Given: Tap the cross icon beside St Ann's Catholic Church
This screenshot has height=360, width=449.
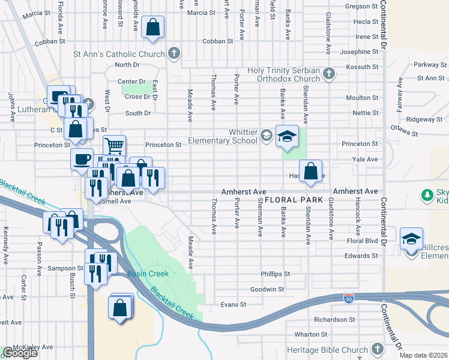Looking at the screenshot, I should pos(174,54).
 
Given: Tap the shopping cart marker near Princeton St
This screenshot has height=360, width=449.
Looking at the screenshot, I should pos(114,145).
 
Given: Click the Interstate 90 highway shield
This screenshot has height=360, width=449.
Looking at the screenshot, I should pos(349,298).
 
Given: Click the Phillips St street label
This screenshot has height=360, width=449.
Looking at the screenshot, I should pos(275,274).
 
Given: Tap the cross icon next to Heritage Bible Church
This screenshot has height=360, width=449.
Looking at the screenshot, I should pos(377,349).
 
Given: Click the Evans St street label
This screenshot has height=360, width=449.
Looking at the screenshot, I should pos(234,304).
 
